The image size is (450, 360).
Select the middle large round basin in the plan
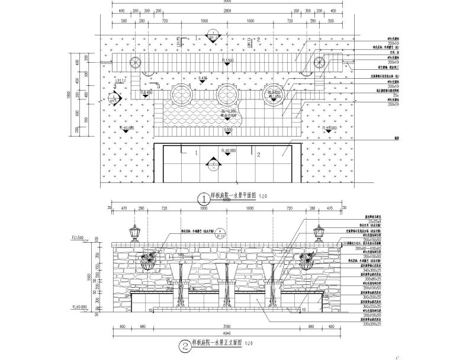pyautogui.click(x=226, y=95)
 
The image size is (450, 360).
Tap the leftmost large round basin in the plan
pyautogui.click(x=179, y=95)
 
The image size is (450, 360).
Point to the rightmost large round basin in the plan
pyautogui.click(x=273, y=95)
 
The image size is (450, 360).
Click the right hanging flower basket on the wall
pyautogui.click(x=308, y=261)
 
